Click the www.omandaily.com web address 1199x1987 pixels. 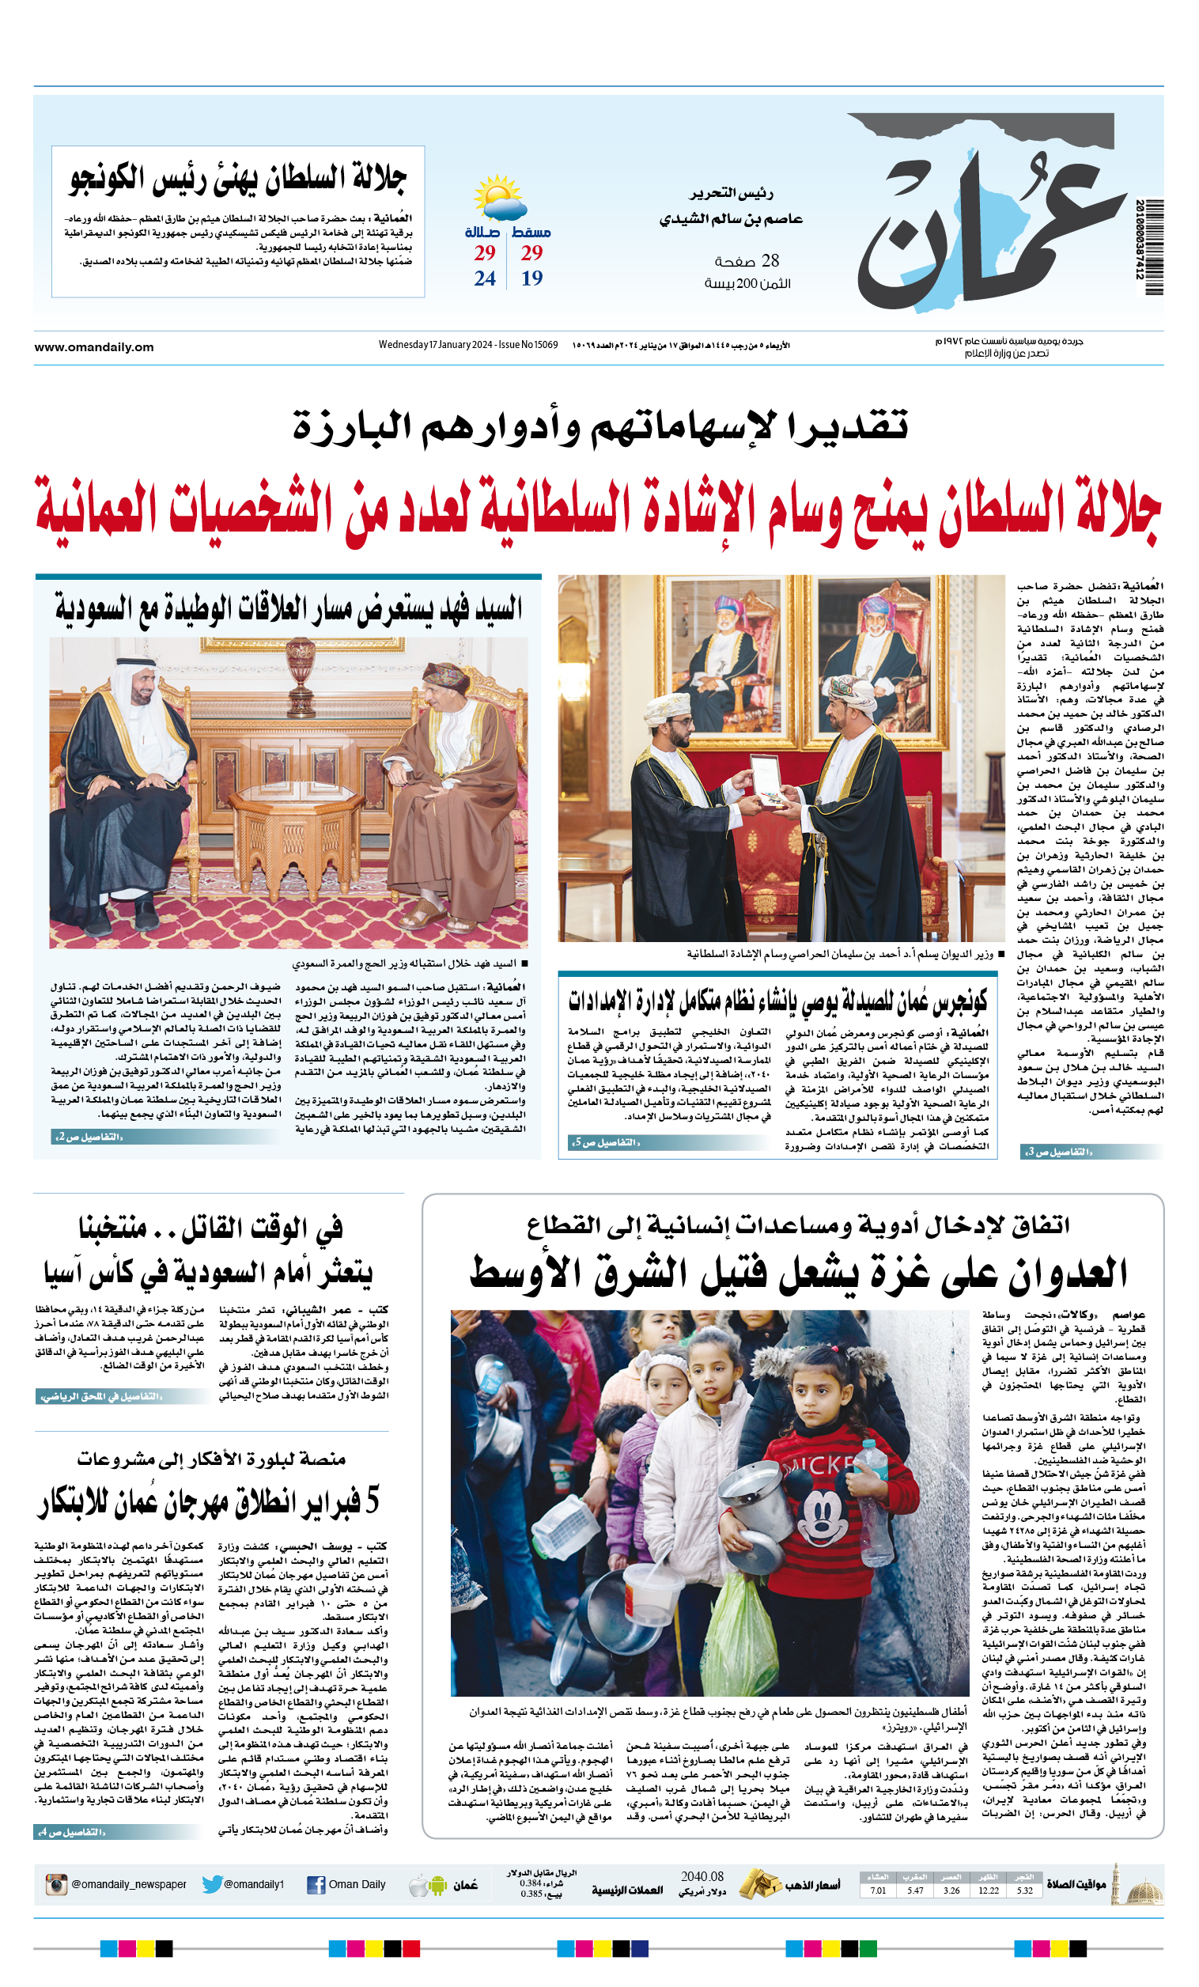93,347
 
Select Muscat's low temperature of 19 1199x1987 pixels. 531,278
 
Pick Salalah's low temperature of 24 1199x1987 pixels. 485,278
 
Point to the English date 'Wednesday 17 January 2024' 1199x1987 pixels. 436,345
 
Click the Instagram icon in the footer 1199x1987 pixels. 56,1885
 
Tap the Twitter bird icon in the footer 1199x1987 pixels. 212,1885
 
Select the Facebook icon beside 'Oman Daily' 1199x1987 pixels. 316,1885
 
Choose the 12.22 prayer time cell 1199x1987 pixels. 988,1890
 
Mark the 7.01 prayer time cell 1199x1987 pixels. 878,1890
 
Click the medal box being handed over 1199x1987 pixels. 762,773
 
